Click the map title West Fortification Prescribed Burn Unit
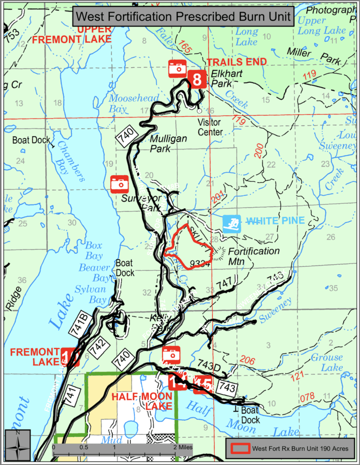pos(183,17)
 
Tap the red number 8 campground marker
pos(197,79)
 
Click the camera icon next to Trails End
pos(177,68)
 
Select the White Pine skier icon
pos(232,223)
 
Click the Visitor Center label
pos(210,128)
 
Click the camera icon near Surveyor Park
pos(120,183)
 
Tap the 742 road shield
pos(98,344)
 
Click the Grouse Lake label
pos(327,363)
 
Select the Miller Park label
pos(320,56)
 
